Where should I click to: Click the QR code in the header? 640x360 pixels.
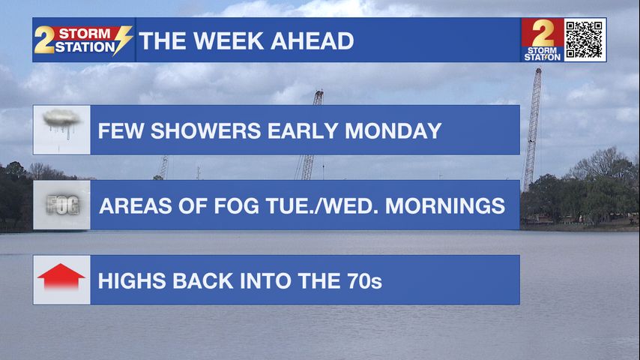584,40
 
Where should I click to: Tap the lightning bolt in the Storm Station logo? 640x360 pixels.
123,40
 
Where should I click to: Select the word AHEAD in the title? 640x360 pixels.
312,40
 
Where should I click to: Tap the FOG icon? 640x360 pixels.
62,205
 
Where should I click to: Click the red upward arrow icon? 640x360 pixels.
61,277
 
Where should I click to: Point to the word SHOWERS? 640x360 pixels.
205,131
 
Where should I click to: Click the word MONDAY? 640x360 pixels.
393,131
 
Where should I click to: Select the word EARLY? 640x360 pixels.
303,131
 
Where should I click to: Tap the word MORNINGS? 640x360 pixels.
445,206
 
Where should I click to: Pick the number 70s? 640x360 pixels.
364,281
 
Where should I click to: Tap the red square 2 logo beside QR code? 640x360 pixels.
543,40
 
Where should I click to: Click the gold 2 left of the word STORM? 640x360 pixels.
44,40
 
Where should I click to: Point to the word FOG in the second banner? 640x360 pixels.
236,206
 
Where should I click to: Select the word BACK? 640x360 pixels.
203,281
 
